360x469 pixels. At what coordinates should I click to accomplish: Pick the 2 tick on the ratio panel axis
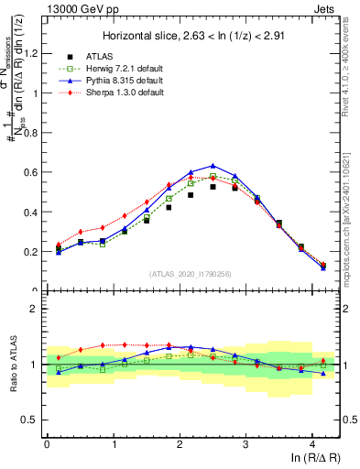35,309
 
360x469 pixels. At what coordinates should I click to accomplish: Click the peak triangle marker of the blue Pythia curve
213,166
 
